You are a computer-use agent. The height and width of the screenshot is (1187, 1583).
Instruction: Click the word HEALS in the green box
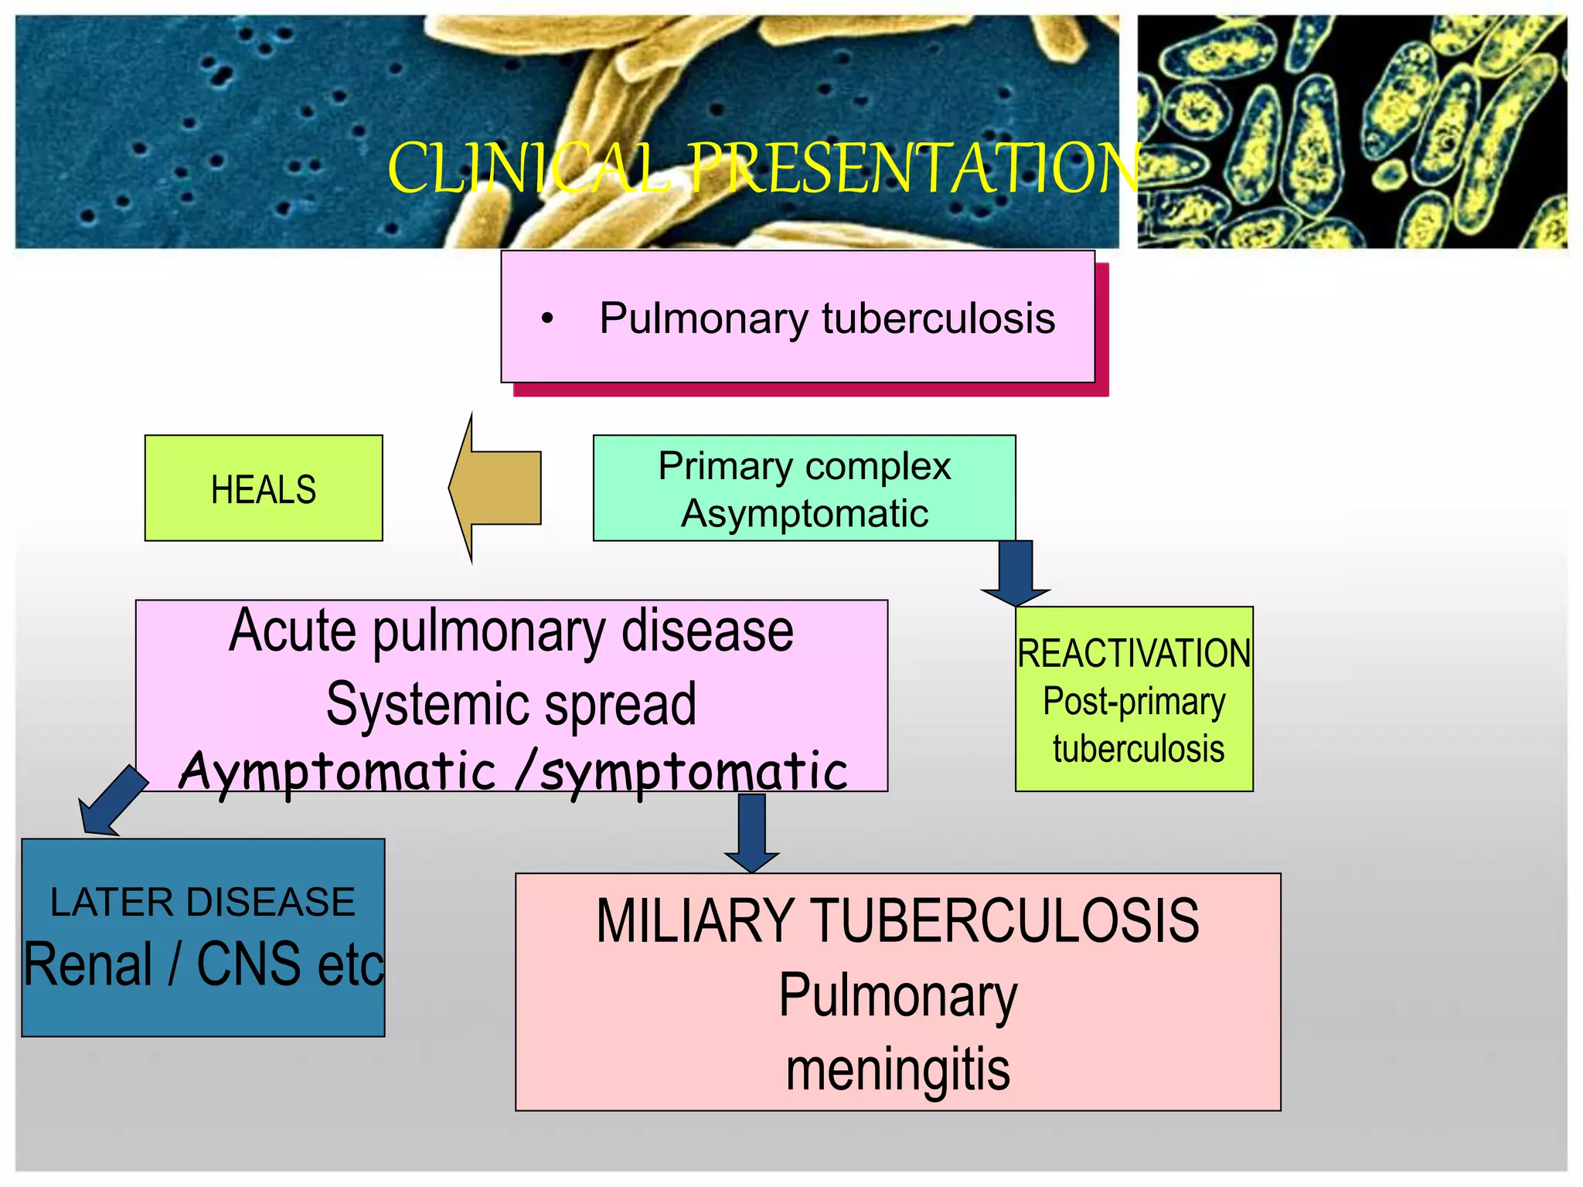(264, 490)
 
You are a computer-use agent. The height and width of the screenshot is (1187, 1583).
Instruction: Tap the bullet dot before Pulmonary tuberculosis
(547, 318)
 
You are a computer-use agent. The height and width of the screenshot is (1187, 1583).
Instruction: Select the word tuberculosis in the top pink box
(938, 318)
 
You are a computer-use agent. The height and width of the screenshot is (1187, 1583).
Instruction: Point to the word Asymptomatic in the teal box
(804, 514)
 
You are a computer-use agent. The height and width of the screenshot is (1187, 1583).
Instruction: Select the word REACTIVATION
(1133, 654)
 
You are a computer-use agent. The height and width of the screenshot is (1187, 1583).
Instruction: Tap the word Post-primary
(1133, 702)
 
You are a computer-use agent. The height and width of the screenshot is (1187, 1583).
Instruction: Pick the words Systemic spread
(511, 704)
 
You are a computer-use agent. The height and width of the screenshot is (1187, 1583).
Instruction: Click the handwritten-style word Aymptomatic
(337, 771)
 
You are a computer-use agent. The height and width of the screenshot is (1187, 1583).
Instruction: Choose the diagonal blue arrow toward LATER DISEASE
(112, 801)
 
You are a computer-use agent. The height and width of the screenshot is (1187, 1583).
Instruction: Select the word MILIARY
(695, 921)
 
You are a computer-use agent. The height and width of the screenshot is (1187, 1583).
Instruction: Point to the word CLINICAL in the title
(529, 168)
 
